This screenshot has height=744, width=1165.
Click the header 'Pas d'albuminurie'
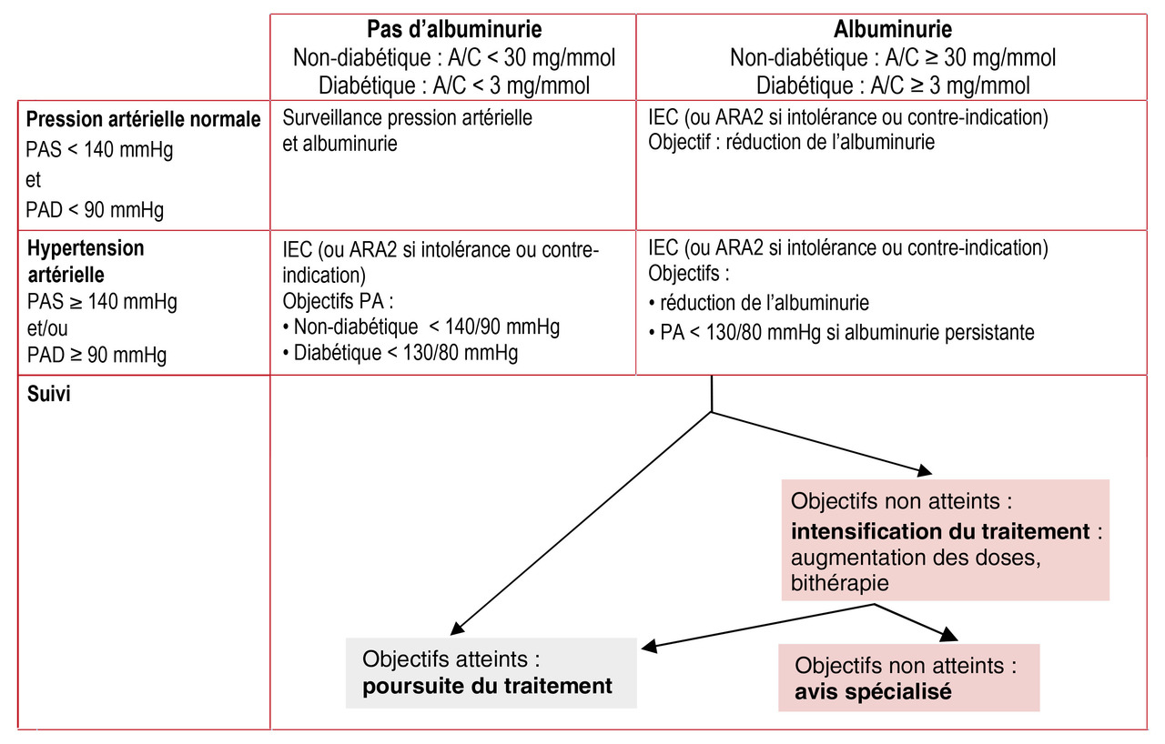pyautogui.click(x=454, y=29)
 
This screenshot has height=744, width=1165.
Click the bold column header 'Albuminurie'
pyautogui.click(x=893, y=29)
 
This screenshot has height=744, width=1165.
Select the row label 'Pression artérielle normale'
pyautogui.click(x=143, y=119)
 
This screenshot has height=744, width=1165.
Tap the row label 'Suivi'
pyautogui.click(x=48, y=394)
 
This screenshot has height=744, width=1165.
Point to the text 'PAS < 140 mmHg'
pyautogui.click(x=99, y=150)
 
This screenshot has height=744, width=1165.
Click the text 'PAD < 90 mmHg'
pyautogui.click(x=95, y=210)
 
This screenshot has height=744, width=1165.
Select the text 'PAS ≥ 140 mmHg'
pyautogui.click(x=102, y=301)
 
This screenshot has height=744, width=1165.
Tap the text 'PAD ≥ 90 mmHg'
pyautogui.click(x=96, y=356)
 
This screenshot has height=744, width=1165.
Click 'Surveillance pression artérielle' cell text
pyautogui.click(x=407, y=118)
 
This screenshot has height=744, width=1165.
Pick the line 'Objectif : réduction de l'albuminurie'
pyautogui.click(x=791, y=142)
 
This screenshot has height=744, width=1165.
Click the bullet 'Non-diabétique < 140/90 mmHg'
pyautogui.click(x=421, y=327)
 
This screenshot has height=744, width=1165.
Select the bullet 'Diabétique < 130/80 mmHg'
pyautogui.click(x=400, y=353)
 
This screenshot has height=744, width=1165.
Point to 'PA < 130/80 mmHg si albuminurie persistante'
pyautogui.click(x=842, y=333)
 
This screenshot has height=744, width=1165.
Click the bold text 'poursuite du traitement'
pyautogui.click(x=487, y=686)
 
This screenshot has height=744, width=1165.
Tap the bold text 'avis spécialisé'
pyautogui.click(x=873, y=691)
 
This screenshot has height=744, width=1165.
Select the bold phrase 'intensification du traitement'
pyautogui.click(x=940, y=531)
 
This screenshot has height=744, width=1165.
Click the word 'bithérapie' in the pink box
pyautogui.click(x=840, y=583)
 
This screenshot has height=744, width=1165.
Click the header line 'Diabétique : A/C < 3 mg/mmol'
pyautogui.click(x=454, y=85)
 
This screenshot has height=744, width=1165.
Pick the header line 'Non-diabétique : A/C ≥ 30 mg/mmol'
pyautogui.click(x=893, y=57)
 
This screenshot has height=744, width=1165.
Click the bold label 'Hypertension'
pyautogui.click(x=86, y=248)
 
